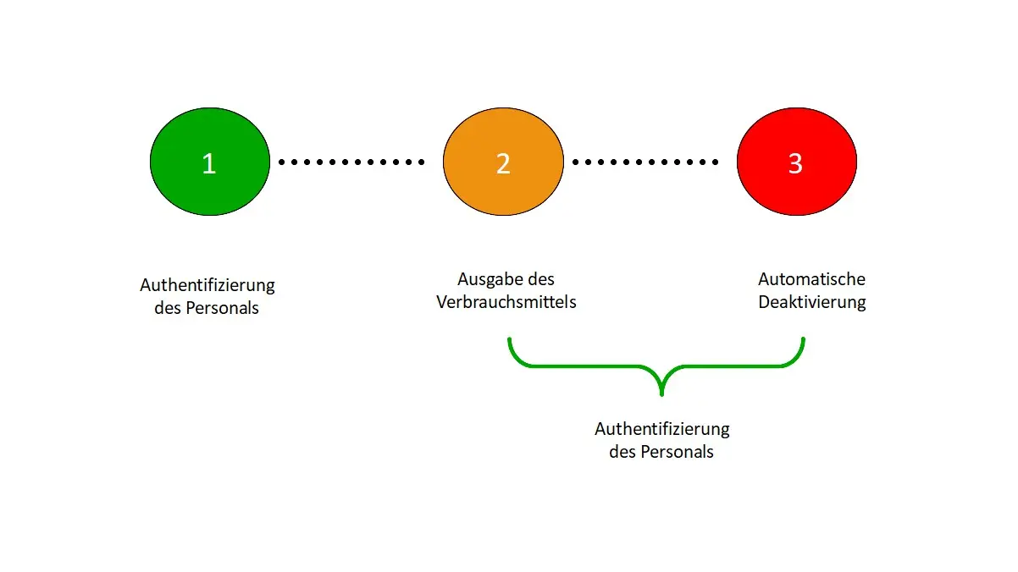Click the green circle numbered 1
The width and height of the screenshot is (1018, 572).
[x=210, y=162]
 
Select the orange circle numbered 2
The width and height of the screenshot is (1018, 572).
[x=504, y=162]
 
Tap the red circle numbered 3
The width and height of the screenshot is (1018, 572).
[x=797, y=162]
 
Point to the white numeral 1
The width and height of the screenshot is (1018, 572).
[x=209, y=163]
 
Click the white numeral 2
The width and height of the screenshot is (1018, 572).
[x=503, y=163]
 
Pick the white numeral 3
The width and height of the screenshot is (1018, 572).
[x=795, y=163]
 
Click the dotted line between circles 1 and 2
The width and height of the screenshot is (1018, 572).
[x=351, y=162]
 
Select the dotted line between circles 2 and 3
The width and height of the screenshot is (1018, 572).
[x=645, y=162]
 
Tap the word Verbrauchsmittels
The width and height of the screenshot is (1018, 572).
[x=506, y=302]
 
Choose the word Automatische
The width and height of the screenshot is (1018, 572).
[x=811, y=279]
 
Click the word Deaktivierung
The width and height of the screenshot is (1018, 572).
[x=812, y=302]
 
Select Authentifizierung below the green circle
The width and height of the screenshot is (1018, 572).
[x=207, y=285]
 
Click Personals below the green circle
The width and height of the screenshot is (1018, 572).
[x=222, y=308]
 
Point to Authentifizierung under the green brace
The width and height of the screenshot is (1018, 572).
[x=662, y=430]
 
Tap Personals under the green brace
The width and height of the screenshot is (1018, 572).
[x=678, y=452]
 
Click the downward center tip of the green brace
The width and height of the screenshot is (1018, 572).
[x=661, y=394]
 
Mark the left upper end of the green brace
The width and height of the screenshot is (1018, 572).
[x=510, y=339]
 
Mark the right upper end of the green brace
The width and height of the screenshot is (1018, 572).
[x=804, y=339]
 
